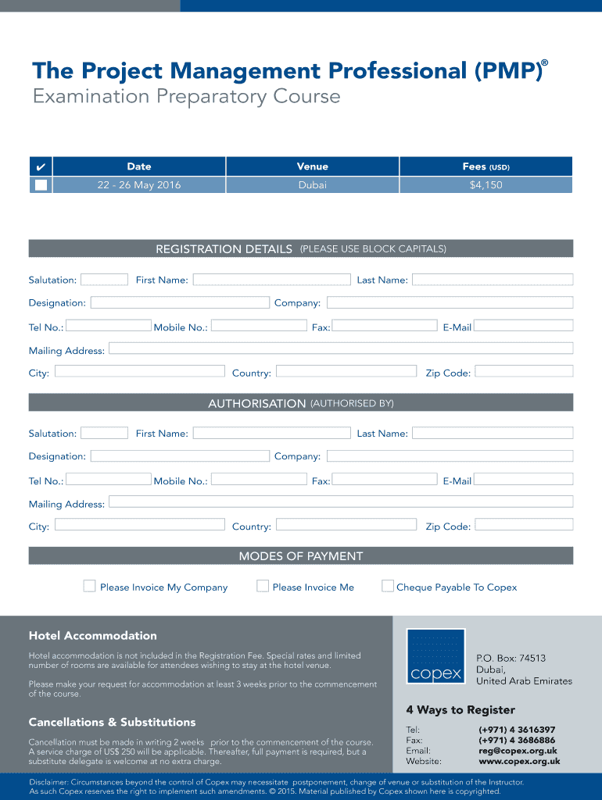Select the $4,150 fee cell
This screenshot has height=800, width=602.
(486, 185)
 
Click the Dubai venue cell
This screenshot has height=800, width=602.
(312, 185)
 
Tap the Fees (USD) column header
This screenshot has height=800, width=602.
(486, 166)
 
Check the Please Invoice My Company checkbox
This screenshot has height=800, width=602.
(90, 586)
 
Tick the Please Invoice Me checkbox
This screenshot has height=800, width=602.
(263, 586)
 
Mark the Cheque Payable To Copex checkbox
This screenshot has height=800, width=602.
(388, 586)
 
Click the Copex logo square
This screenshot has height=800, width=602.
(435, 656)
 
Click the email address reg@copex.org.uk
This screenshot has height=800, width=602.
(517, 750)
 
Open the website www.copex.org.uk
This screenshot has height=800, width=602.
(519, 761)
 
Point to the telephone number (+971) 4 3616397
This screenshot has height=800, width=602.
(517, 730)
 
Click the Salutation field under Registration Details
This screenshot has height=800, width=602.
(104, 279)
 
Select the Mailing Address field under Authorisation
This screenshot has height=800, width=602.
(341, 502)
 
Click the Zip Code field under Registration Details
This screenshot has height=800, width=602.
(524, 371)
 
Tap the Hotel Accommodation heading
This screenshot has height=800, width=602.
(92, 636)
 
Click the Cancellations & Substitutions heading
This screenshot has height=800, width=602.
(112, 722)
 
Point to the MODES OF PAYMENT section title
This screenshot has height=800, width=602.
(301, 556)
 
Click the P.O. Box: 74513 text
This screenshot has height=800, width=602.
(511, 659)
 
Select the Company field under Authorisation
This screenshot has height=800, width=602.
(450, 455)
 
